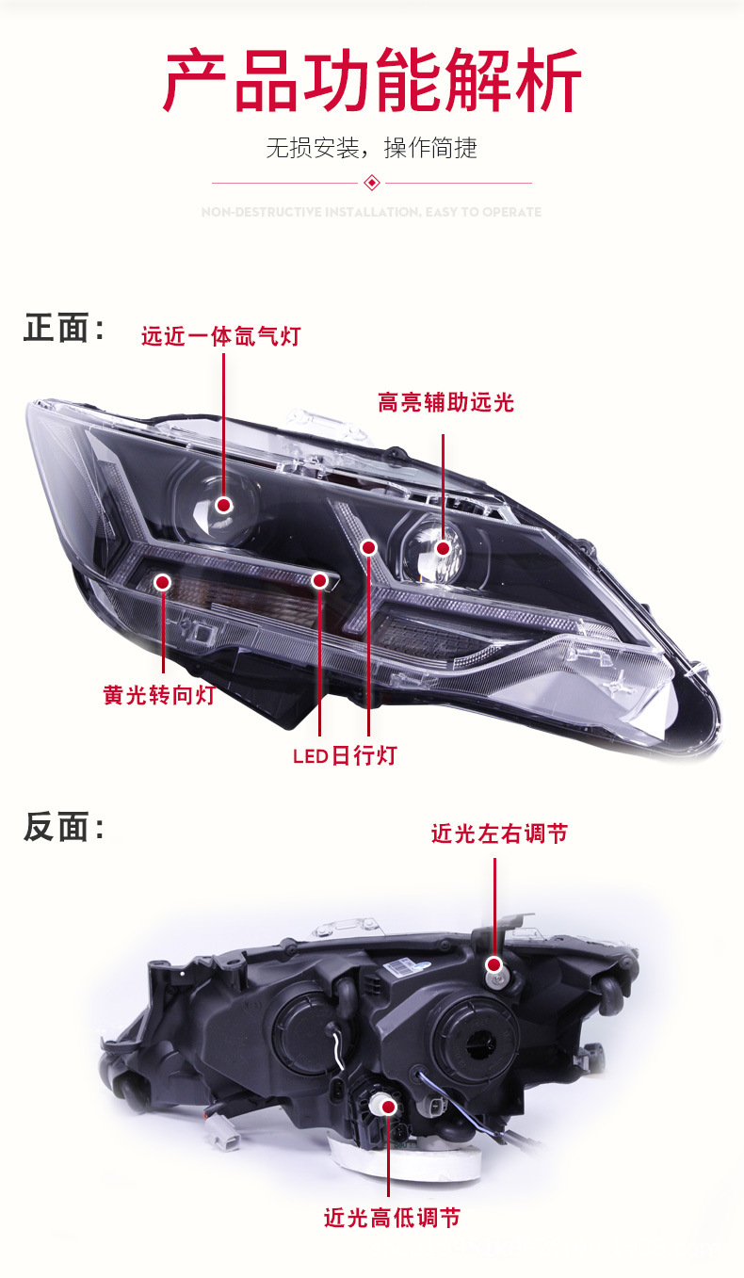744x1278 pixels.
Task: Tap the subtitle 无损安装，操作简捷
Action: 372,148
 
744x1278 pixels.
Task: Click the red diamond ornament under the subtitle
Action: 372,182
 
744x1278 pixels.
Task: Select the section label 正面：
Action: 64,330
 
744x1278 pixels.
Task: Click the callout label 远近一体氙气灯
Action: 220,335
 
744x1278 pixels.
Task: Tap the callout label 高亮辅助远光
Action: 446,403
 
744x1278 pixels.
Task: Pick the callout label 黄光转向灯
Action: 159,695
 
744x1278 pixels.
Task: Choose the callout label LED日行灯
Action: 345,755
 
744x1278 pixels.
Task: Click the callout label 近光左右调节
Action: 499,833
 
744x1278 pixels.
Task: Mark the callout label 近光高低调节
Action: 392,1217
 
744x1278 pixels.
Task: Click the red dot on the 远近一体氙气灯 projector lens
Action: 224,505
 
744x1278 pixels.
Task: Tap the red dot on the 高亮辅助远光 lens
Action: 443,547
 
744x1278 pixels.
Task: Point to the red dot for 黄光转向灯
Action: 162,584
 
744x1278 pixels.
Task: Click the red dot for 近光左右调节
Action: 494,965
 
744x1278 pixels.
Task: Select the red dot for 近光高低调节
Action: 386,1108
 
